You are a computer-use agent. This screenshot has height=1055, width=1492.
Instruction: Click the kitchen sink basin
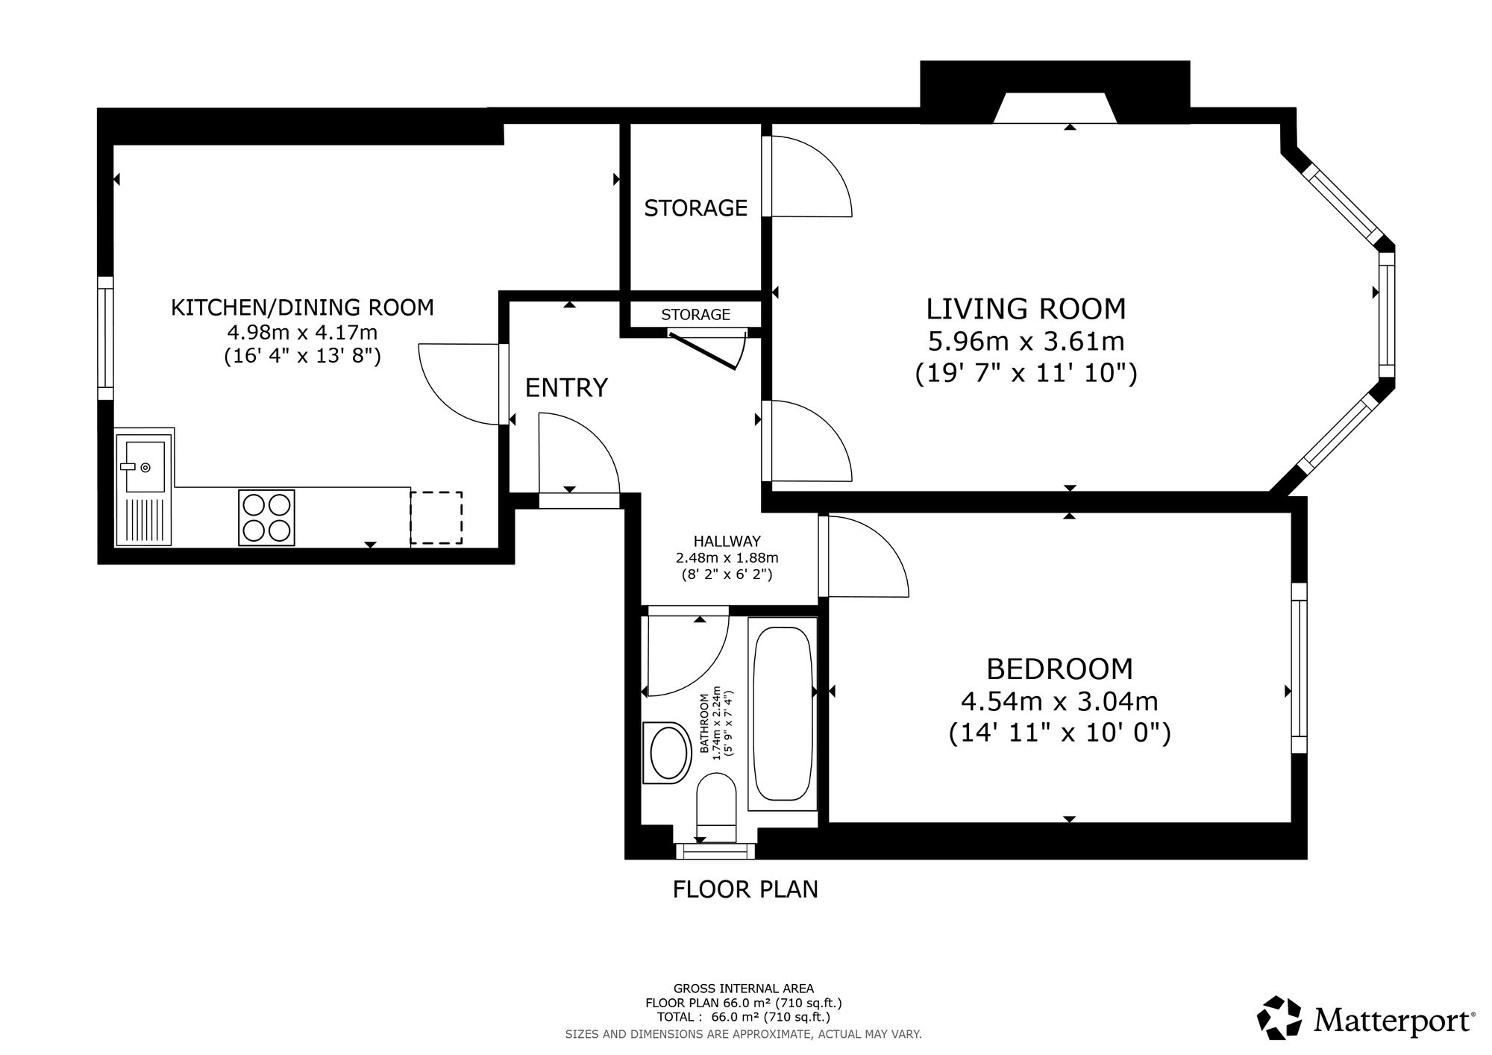click(x=144, y=466)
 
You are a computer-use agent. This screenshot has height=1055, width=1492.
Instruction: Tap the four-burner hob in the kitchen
click(x=266, y=517)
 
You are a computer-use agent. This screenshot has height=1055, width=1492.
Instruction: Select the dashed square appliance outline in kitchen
click(x=436, y=518)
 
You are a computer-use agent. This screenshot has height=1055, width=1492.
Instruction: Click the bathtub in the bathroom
click(x=783, y=714)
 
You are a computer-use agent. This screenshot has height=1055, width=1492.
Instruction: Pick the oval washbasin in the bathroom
click(x=667, y=752)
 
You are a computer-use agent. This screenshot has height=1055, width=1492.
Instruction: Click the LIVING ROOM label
click(x=1026, y=309)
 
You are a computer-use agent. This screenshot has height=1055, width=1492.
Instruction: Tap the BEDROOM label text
click(x=1059, y=669)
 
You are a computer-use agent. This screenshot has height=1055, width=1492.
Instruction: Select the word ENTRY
click(x=566, y=388)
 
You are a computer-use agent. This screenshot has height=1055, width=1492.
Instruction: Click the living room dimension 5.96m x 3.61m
click(x=1026, y=342)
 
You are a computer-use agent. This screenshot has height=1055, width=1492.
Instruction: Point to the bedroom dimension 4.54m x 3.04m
click(x=1059, y=701)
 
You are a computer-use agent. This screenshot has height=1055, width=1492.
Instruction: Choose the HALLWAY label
click(x=727, y=542)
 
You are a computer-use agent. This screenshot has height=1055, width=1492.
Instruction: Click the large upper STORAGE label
click(x=695, y=208)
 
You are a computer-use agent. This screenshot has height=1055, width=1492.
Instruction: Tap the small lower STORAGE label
click(x=695, y=315)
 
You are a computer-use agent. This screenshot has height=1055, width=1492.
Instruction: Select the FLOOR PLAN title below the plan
click(x=745, y=889)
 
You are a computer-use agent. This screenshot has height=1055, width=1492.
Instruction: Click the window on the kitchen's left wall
click(x=106, y=338)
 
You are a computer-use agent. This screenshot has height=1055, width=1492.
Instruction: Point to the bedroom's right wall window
click(x=1300, y=668)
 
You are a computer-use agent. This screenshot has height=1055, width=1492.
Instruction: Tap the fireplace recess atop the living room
click(x=1054, y=108)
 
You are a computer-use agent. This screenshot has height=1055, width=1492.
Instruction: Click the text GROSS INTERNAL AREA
click(x=744, y=989)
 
